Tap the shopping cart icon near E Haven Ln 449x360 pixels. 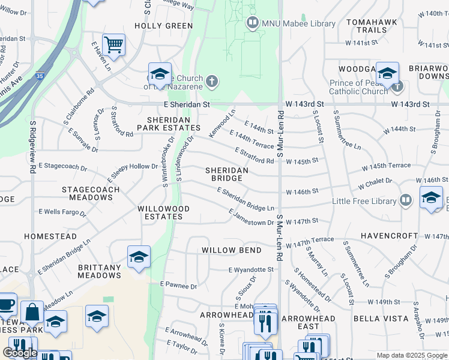point(113,44)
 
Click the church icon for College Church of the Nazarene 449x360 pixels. point(211,80)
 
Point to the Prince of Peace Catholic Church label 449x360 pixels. point(359,87)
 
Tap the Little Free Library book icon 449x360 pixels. point(406,200)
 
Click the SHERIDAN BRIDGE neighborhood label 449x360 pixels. point(226,174)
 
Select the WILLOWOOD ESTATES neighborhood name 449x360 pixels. point(163,212)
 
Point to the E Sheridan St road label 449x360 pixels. point(187,104)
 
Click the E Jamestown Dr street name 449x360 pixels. point(251,218)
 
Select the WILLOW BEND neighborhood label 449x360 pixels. point(231,250)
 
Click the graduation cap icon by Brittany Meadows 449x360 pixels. point(139,257)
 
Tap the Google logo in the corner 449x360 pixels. point(20,353)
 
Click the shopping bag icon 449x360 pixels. point(32,313)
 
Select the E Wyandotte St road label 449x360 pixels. point(251,269)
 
